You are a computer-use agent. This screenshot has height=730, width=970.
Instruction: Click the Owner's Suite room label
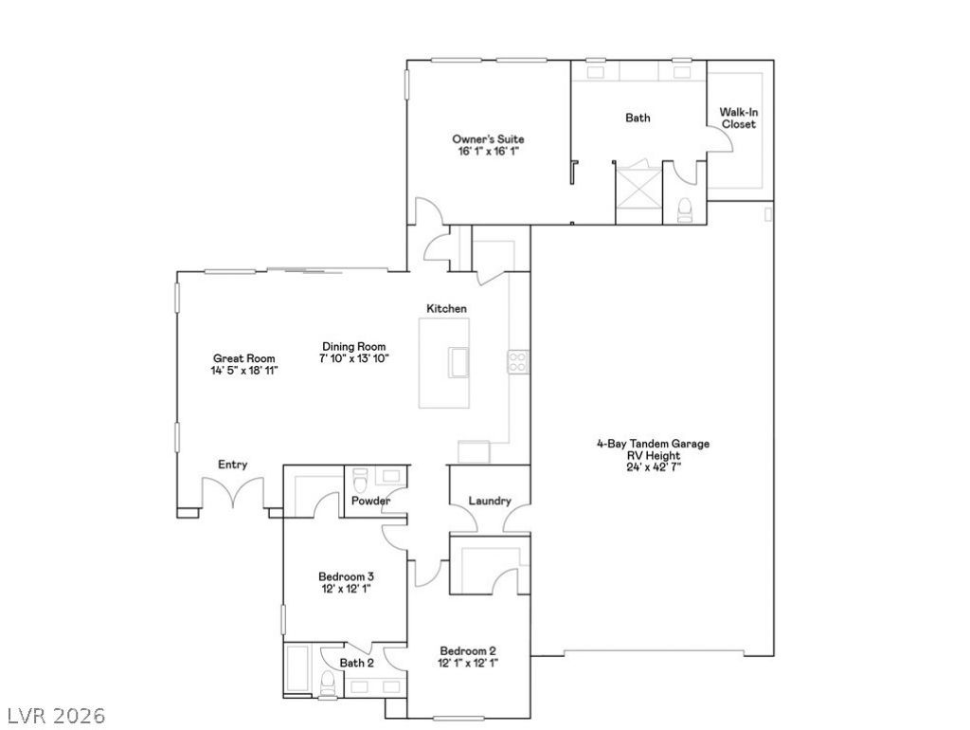point(488,139)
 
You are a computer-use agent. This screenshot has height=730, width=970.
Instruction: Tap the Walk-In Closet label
point(739,119)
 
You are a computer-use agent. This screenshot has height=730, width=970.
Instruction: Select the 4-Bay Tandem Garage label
point(653,444)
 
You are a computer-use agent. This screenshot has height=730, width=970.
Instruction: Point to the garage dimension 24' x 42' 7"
point(654,466)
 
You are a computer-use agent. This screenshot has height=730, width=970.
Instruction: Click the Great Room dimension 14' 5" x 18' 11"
point(244,371)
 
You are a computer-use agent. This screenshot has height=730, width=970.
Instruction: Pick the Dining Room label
point(354,347)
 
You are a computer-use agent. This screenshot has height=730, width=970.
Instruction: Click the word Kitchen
point(447,308)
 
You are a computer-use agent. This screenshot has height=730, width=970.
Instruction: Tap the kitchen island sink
point(458,362)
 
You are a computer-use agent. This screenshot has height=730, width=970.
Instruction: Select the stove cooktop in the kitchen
point(518,362)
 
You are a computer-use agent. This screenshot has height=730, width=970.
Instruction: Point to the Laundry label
point(490,501)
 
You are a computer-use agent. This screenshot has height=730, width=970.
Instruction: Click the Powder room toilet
point(360,479)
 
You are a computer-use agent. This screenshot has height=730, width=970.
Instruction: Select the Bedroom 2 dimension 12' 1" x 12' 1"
point(468,663)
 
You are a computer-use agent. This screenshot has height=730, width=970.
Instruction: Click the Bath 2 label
point(356,663)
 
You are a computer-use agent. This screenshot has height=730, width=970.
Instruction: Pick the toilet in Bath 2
point(329,683)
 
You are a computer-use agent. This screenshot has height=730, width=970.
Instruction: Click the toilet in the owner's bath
point(685,210)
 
